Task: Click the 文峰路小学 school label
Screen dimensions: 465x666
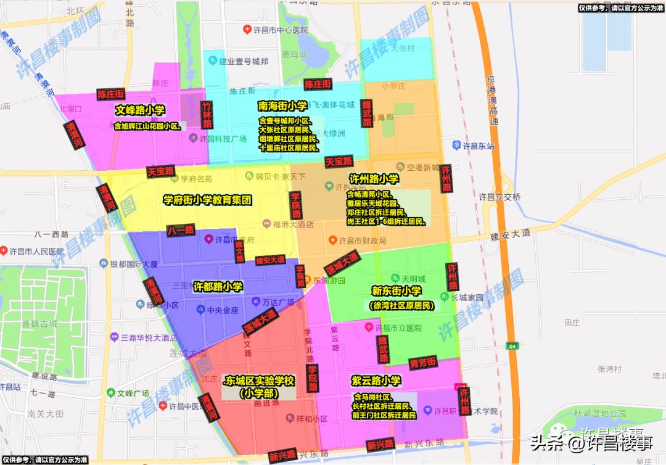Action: click(x=140, y=110)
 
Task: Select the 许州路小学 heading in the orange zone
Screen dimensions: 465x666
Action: click(x=374, y=179)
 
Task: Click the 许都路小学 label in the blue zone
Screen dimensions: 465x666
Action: click(x=218, y=287)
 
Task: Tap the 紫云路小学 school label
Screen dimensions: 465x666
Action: click(x=376, y=381)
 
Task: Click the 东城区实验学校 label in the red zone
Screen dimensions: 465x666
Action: click(x=260, y=381)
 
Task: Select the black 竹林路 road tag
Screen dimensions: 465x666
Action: click(x=207, y=115)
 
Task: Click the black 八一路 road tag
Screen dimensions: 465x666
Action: click(x=181, y=230)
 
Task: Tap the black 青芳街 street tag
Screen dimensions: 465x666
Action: click(x=423, y=362)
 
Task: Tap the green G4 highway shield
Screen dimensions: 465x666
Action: click(x=511, y=347)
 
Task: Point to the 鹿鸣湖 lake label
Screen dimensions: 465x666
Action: click(x=294, y=55)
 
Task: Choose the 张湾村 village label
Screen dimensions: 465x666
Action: click(x=609, y=369)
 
